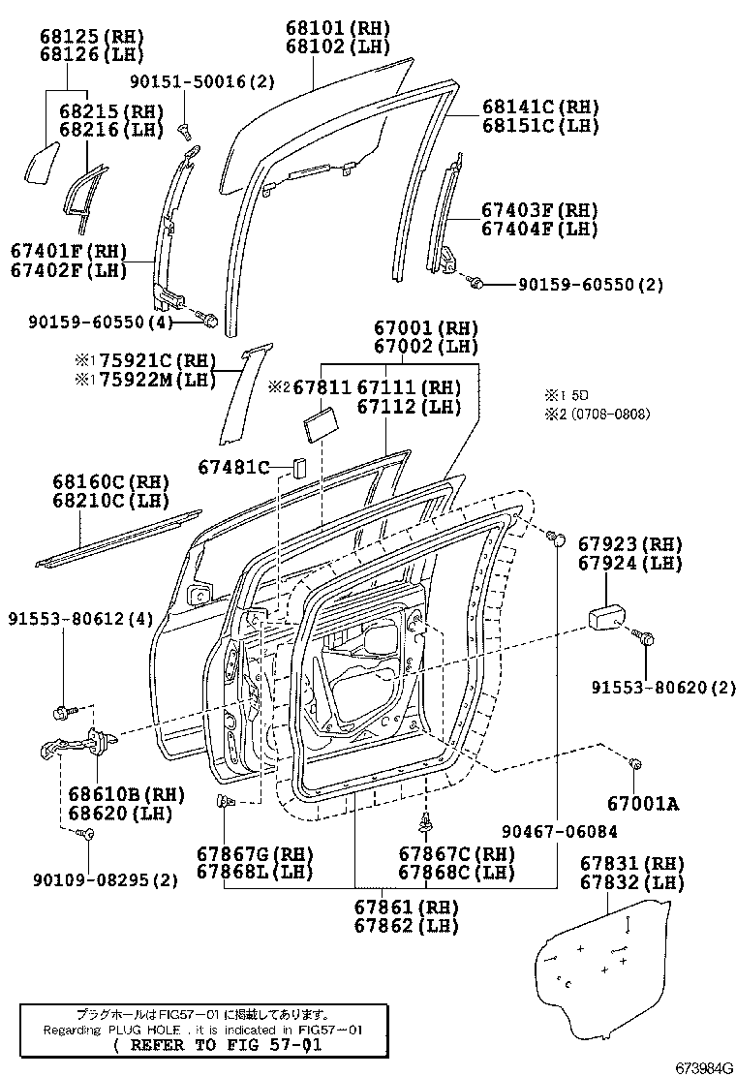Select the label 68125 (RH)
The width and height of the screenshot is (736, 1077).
(x=85, y=36)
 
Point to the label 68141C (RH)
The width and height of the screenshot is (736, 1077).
(x=540, y=108)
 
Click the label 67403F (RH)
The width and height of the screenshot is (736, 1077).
(x=539, y=210)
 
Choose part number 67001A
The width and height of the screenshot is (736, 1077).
(x=642, y=802)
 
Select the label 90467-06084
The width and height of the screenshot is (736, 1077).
(x=560, y=831)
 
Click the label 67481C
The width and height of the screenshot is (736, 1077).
(x=233, y=467)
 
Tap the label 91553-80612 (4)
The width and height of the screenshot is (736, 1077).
(x=81, y=618)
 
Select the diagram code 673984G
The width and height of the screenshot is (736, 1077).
(x=703, y=1067)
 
